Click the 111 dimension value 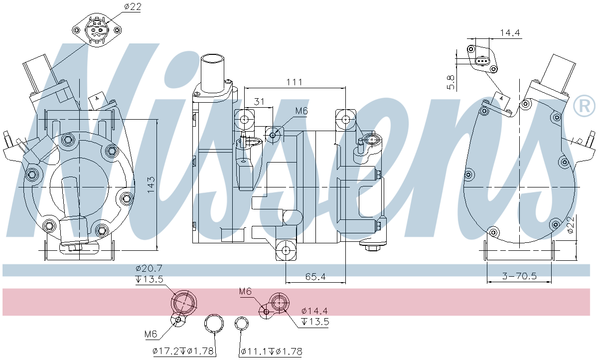click(295, 82)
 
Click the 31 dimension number click(259, 101)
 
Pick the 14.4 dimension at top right click(510, 33)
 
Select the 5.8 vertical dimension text click(451, 82)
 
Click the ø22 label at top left click(133, 6)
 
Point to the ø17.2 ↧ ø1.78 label click(184, 352)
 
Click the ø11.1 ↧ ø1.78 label click(271, 352)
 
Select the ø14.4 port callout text click(314, 311)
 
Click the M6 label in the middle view click(301, 111)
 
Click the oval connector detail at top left click(96, 30)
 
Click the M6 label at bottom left click(151, 334)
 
